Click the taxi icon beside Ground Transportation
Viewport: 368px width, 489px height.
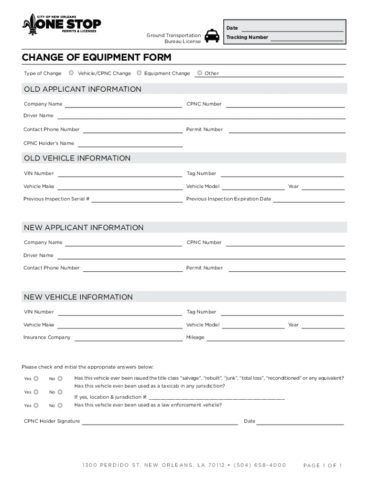[x=212, y=36]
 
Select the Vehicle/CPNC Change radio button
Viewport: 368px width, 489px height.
[x=71, y=73]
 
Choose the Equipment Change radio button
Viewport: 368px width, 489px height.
[x=139, y=73]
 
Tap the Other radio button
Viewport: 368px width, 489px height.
[x=200, y=73]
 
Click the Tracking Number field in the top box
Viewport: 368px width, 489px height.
[x=306, y=38]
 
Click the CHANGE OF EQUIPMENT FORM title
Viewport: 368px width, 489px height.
[x=96, y=58]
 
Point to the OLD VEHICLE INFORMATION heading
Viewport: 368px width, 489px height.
[x=77, y=158]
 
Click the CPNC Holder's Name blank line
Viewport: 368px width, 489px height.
[x=130, y=144]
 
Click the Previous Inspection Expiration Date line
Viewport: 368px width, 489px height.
[x=308, y=199]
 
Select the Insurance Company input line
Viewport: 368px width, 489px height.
[x=128, y=338]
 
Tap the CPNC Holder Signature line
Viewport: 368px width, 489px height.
[x=160, y=422]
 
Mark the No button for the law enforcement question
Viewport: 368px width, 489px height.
[x=60, y=405]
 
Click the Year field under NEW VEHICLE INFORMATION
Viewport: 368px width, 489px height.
[x=323, y=325]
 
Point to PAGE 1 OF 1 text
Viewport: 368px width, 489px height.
[x=323, y=465]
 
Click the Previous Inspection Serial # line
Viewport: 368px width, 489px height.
[x=137, y=199]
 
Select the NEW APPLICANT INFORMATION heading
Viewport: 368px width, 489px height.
[x=84, y=228]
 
